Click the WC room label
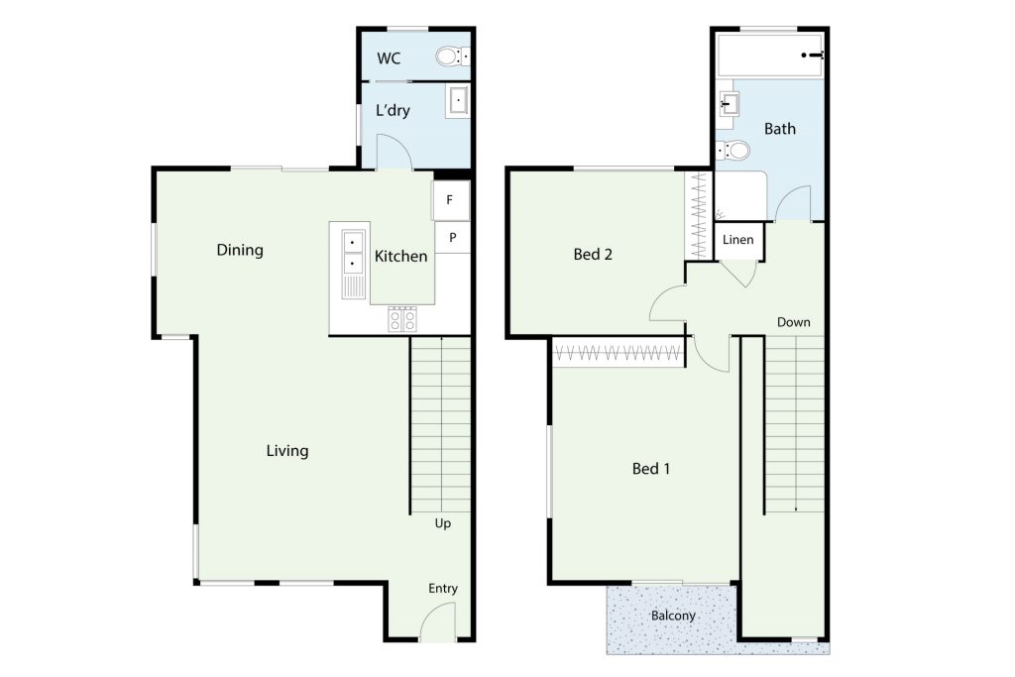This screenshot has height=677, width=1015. (x=389, y=58)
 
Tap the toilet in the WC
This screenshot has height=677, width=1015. (x=452, y=56)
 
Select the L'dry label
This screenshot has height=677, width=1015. (x=393, y=110)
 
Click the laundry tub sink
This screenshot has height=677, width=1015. (x=458, y=101)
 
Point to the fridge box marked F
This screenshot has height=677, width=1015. (x=451, y=200)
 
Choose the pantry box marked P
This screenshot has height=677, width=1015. (x=452, y=238)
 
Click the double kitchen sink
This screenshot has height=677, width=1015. (x=353, y=253)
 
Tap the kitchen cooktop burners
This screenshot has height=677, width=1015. (x=402, y=319)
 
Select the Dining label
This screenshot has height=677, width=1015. (x=240, y=250)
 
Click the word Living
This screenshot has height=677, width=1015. (x=287, y=450)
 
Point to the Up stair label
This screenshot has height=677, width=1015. (x=443, y=523)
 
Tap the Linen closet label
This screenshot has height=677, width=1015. (x=737, y=240)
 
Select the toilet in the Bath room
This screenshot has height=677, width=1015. (x=733, y=151)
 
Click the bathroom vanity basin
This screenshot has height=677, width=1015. (x=729, y=103)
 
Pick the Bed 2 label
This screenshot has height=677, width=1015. (x=593, y=255)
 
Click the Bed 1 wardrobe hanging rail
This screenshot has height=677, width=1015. (x=619, y=353)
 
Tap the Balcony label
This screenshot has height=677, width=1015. (x=673, y=616)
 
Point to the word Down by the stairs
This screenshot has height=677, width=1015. (x=794, y=322)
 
